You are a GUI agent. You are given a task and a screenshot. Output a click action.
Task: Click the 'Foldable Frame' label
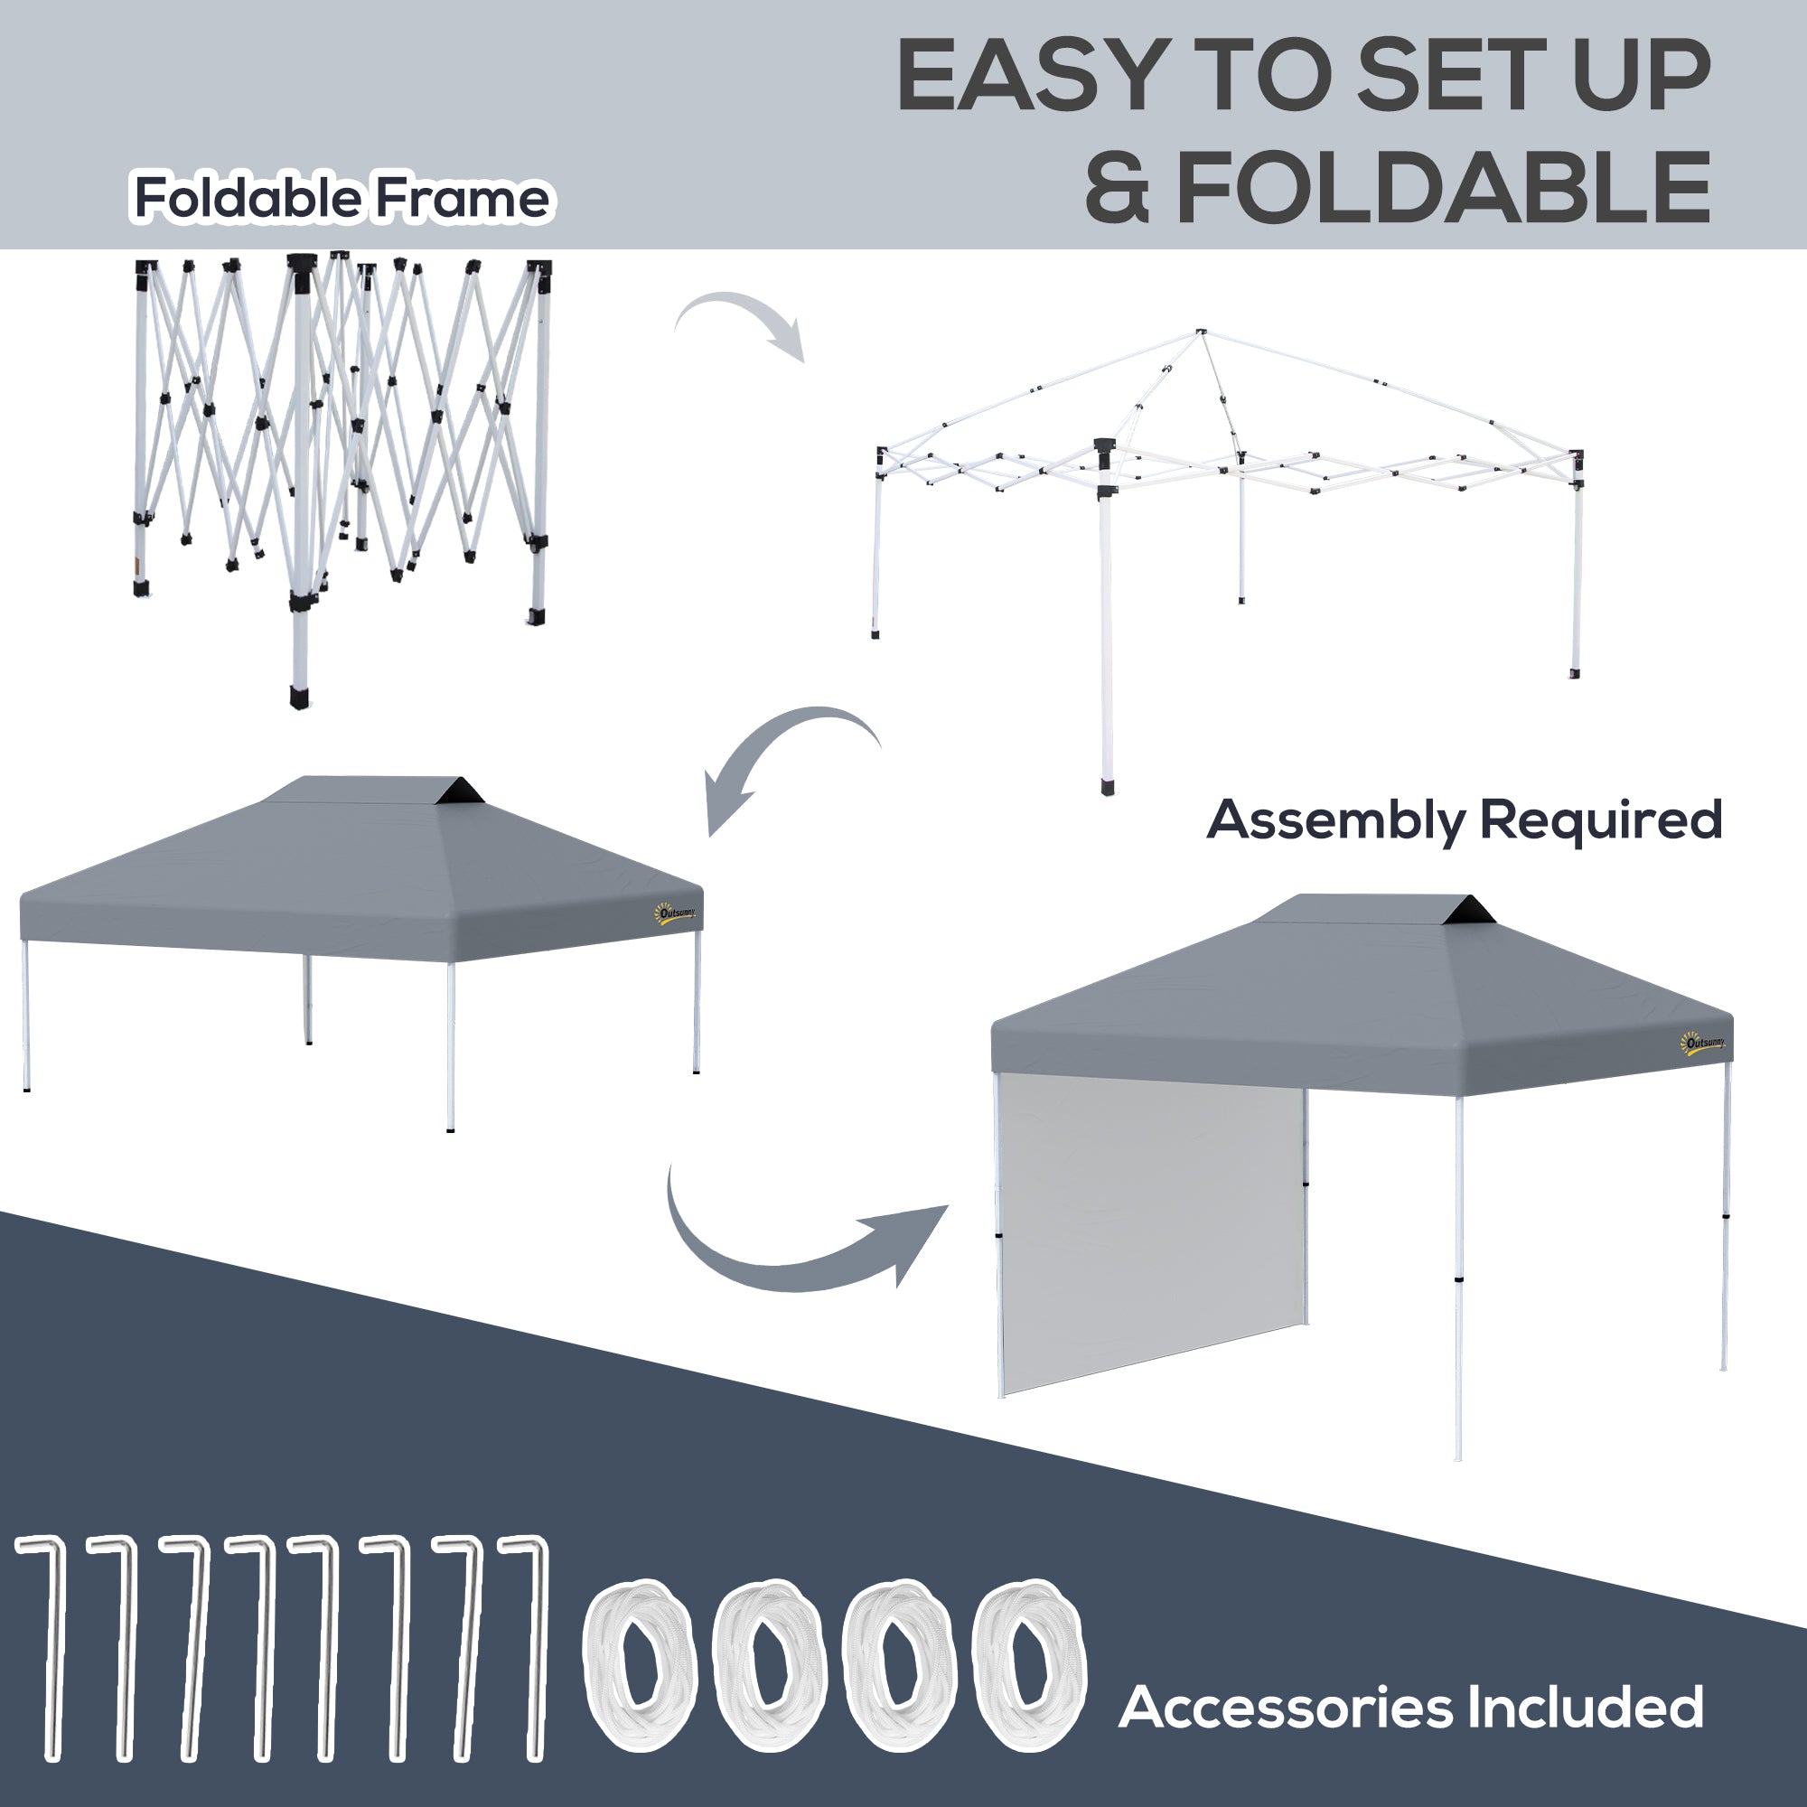coord(342,197)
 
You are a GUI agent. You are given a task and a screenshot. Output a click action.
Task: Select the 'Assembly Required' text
coord(1464,819)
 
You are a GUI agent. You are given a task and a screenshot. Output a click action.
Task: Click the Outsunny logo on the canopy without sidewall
coord(675,913)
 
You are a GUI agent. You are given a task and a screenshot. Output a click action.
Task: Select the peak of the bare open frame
coord(1201,333)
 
